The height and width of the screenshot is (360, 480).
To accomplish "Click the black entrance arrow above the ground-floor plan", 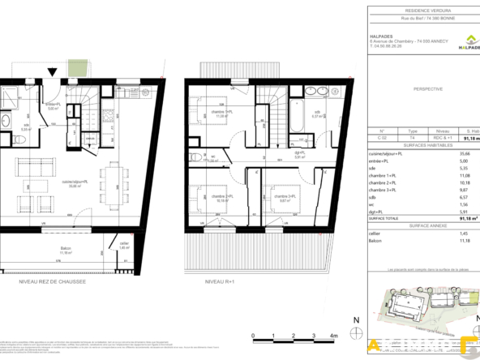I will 53,73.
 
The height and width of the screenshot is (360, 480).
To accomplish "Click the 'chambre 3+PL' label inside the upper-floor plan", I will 281,195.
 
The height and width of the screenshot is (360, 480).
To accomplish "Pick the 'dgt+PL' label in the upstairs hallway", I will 276,153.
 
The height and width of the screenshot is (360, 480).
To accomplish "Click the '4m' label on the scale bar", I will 332,333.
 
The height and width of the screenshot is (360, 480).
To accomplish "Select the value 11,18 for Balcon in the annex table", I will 465,240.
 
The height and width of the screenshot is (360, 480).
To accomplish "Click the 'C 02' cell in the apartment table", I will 384,138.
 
